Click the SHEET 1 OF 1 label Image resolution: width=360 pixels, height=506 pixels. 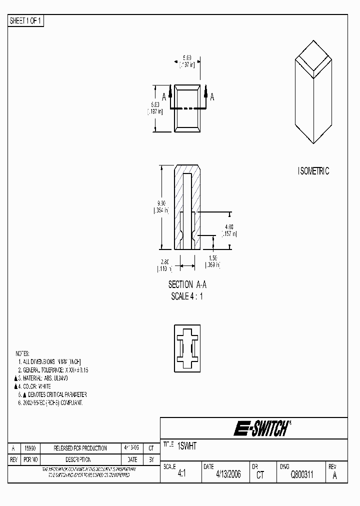[26, 20]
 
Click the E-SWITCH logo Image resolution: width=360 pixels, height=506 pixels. [261, 428]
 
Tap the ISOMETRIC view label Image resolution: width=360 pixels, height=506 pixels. [313, 171]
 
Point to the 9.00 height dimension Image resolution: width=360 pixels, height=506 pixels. [161, 203]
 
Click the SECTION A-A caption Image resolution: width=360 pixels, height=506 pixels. [187, 284]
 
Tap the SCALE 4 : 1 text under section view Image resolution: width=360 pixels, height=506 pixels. [187, 296]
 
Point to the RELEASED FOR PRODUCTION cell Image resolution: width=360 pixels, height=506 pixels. [77, 448]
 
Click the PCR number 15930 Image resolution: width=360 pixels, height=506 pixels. [30, 448]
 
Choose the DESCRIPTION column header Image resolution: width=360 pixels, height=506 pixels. [77, 459]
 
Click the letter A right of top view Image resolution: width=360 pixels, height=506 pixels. [212, 97]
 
